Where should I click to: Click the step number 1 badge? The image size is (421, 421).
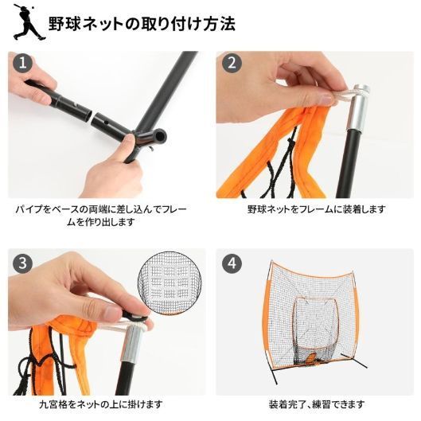pyautogui.click(x=23, y=63)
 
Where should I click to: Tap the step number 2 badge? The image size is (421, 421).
pyautogui.click(x=232, y=63)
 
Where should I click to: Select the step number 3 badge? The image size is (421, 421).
pyautogui.click(x=23, y=263)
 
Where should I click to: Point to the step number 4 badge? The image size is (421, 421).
pyautogui.click(x=232, y=263)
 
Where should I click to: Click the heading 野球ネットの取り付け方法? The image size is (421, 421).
pyautogui.click(x=142, y=24)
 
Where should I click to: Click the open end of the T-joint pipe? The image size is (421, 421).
pyautogui.click(x=160, y=134)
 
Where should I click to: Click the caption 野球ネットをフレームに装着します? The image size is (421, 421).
pyautogui.click(x=316, y=209)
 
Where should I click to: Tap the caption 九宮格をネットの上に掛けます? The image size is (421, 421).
pyautogui.click(x=101, y=404)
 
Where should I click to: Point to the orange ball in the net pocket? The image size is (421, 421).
pyautogui.click(x=311, y=357)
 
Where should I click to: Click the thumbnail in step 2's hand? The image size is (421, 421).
pyautogui.click(x=326, y=100)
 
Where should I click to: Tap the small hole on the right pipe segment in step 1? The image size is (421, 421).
pyautogui.click(x=107, y=123)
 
